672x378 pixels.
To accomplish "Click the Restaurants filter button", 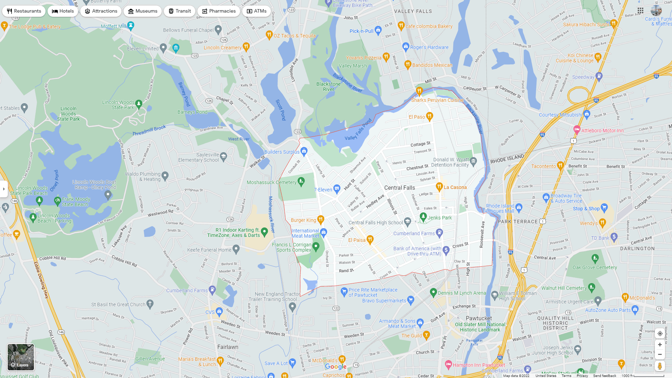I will [24, 11].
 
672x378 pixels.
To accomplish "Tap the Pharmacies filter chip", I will [218, 11].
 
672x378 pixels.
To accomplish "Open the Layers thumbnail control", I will [21, 357].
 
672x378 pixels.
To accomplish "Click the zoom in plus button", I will [660, 345].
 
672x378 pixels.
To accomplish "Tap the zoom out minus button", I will [660, 355].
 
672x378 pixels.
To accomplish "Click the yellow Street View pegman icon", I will [660, 366].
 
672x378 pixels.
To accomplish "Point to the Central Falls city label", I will [399, 188].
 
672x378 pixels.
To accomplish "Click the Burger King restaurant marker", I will [321, 219].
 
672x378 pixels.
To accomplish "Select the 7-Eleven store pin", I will [337, 189].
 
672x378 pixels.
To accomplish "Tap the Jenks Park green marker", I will [423, 217].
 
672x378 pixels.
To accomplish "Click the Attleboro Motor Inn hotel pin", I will [577, 129].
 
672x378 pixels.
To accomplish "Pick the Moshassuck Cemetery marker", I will [301, 181].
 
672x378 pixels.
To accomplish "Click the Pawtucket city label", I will [479, 318].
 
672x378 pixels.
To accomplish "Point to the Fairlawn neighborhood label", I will [228, 347].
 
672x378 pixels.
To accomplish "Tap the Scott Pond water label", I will [281, 110].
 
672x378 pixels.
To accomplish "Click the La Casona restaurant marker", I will [439, 187].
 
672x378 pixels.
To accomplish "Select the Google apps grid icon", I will [640, 10].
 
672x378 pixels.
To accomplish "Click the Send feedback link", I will [604, 376].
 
